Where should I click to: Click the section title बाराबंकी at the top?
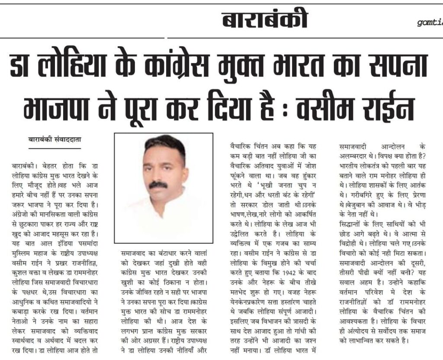tap(265, 20)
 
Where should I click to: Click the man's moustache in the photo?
tap(158, 185)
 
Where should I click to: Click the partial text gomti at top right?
tap(430, 22)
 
